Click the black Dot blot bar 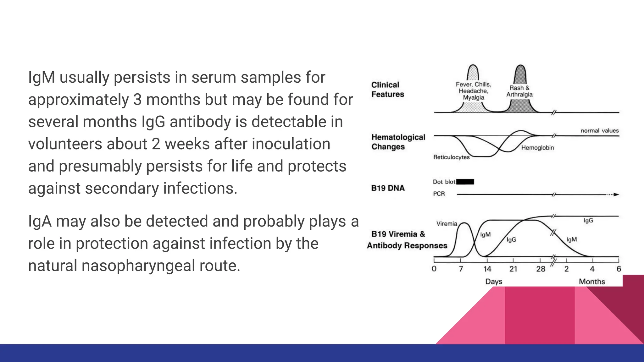[x=465, y=182]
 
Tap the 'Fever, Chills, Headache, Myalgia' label [x=474, y=91]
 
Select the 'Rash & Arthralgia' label [x=519, y=91]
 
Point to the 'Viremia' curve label [x=447, y=224]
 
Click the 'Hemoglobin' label [x=537, y=148]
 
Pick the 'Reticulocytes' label [x=451, y=157]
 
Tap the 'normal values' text [x=599, y=131]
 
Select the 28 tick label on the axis [x=541, y=269]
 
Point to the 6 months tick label [x=619, y=269]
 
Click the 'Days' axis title [x=494, y=282]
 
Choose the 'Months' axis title [x=592, y=282]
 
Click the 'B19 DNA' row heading [x=388, y=188]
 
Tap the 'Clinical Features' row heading [x=387, y=90]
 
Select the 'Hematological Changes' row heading [x=398, y=142]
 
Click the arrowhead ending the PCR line [x=616, y=195]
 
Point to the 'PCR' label [x=439, y=194]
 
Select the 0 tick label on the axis [x=434, y=269]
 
